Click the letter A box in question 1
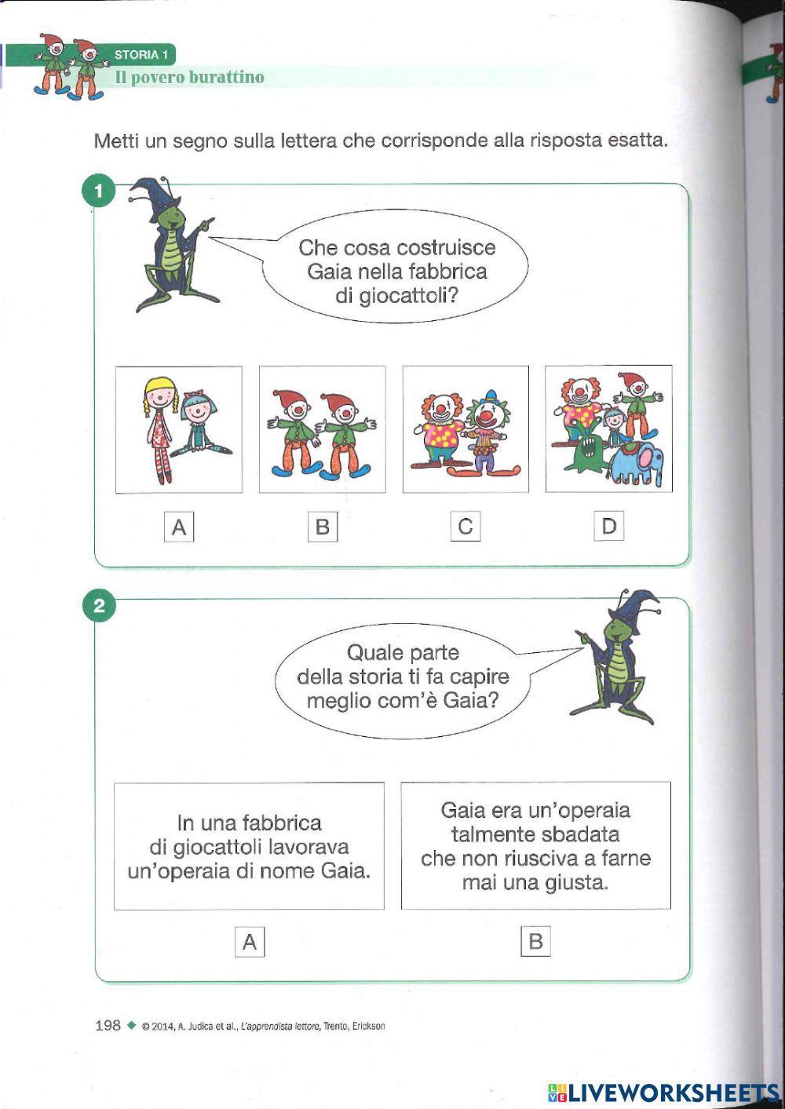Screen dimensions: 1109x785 coord(179,527)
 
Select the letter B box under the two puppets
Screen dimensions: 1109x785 coord(322,527)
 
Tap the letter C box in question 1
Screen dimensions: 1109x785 coord(466,526)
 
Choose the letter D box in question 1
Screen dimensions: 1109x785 coord(608,526)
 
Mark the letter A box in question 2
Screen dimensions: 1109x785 coord(250,941)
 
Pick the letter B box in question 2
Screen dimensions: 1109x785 coord(535,941)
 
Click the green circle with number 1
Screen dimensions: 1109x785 coord(99,191)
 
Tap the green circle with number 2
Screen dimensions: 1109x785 coord(99,606)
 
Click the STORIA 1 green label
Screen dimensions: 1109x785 coord(142,55)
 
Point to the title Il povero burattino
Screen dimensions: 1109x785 coord(189,77)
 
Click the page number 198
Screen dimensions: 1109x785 coord(108,1025)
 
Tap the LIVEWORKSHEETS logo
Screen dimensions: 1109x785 coord(663,1092)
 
